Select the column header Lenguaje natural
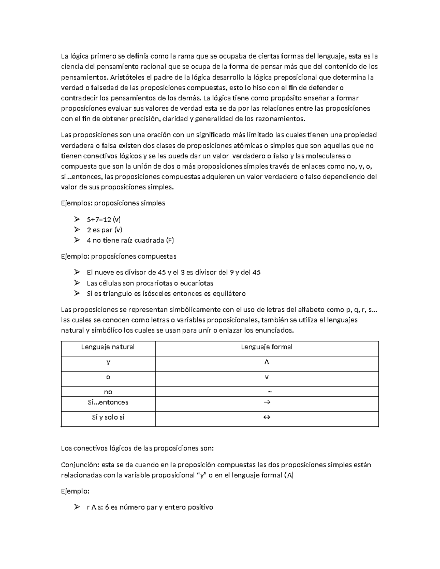point(108,347)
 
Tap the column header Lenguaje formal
point(267,347)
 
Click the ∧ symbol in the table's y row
point(267,362)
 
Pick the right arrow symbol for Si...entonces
point(267,402)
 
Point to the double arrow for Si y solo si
point(267,417)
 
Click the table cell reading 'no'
point(108,392)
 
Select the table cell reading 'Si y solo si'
point(108,417)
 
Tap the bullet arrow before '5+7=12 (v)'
point(77,219)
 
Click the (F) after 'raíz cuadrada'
point(170,240)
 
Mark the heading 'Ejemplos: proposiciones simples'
point(113,203)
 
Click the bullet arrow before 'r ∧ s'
point(77,507)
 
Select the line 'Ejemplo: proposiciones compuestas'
point(118,256)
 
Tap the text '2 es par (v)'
point(104,230)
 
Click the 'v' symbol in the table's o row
point(267,377)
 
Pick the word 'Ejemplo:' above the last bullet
point(75,491)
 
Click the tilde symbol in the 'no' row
point(270,392)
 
